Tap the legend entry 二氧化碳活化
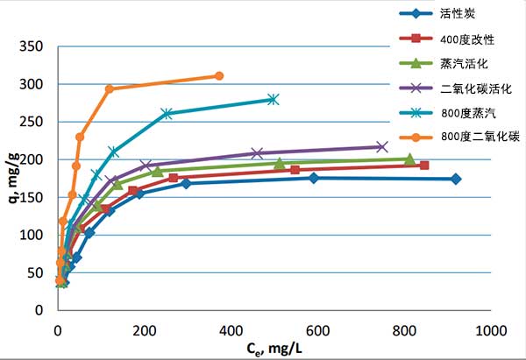tap(481, 89)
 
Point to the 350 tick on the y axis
tap(32, 46)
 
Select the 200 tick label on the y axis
tap(32, 159)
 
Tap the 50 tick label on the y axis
tap(36, 272)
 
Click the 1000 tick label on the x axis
tap(490, 330)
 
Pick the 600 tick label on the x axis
tap(317, 330)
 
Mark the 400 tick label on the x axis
tap(231, 330)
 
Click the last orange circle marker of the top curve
tap(218, 76)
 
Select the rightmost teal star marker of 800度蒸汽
tap(274, 100)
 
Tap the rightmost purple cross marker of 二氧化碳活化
tap(381, 146)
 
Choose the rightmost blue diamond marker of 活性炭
tap(455, 179)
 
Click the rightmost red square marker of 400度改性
tap(424, 166)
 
